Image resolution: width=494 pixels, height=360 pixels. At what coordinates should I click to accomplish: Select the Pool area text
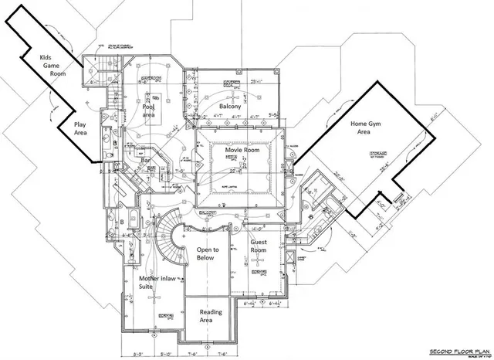point(150,110)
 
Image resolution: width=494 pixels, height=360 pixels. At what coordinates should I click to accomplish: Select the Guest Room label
point(259,247)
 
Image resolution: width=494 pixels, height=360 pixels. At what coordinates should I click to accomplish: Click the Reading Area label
point(211,317)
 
